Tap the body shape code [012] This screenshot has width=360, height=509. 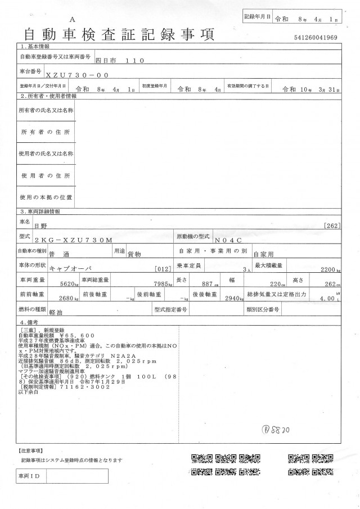(x=161, y=269)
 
